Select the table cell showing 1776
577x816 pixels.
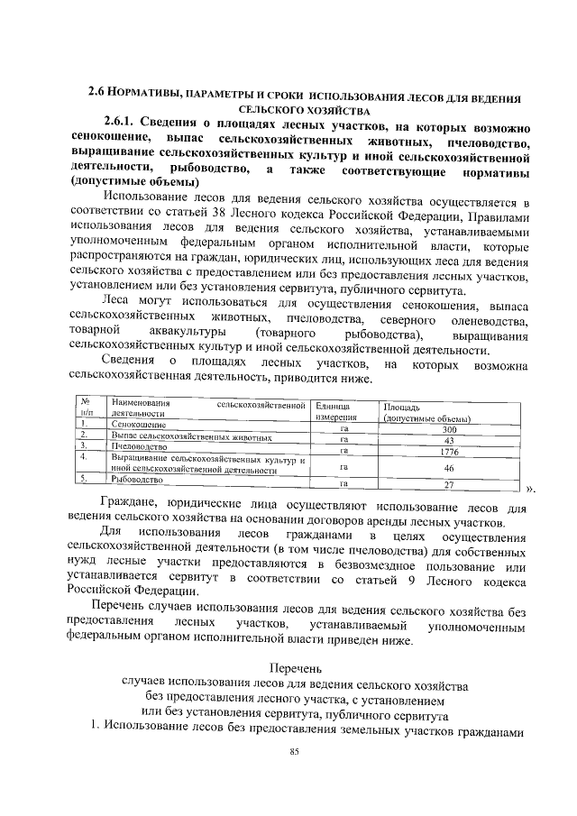pos(448,453)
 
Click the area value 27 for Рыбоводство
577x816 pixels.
pos(448,484)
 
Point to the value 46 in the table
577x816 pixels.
pos(448,468)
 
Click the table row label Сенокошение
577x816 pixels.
pos(138,424)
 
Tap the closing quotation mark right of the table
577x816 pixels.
pos(531,490)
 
